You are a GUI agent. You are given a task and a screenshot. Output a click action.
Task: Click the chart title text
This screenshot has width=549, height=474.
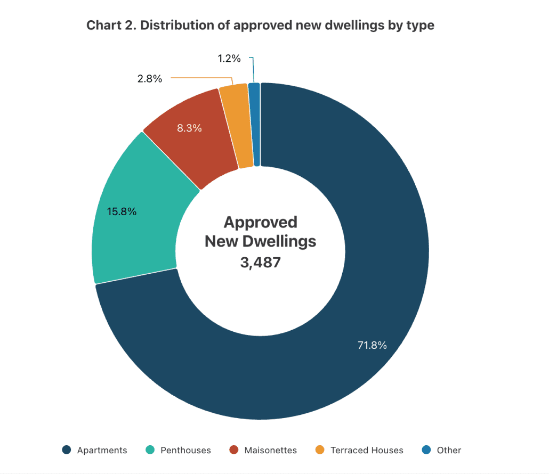tap(260, 25)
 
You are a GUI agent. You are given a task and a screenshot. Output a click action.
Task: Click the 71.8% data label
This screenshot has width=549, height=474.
tap(372, 345)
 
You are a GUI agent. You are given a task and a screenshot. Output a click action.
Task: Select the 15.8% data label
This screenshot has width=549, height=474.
tap(122, 211)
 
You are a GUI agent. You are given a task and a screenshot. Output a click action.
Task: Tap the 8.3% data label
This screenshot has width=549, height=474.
tap(189, 128)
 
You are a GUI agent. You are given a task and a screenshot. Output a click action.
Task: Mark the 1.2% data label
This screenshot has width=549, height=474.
tap(230, 59)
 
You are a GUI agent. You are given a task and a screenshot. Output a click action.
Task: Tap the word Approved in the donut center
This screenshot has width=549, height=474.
tap(260, 222)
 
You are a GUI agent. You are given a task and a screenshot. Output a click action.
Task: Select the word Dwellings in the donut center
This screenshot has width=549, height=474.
tap(279, 241)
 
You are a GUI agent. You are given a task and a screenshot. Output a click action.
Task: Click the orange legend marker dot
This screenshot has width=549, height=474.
tap(320, 450)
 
